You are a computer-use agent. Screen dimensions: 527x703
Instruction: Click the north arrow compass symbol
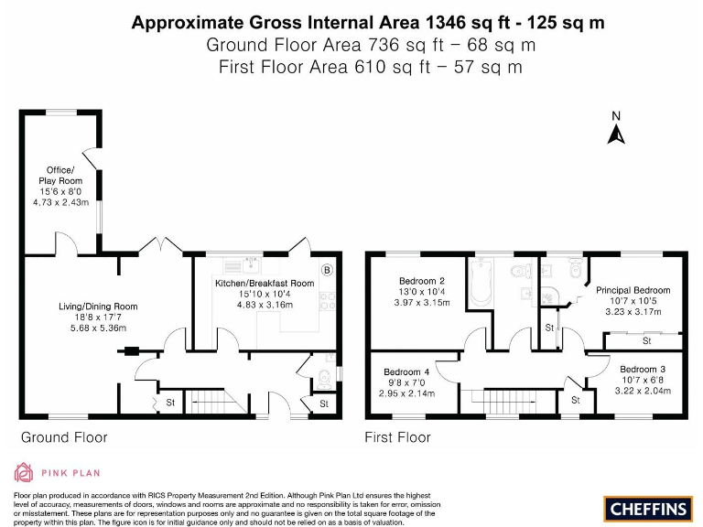coord(616,131)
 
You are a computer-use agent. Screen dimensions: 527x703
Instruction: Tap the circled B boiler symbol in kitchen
coord(327,269)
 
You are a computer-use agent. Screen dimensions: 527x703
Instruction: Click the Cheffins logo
coord(646,507)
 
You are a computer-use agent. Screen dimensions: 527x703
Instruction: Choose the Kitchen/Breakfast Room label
coord(265,284)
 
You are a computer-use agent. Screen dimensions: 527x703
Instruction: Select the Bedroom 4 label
coord(407,372)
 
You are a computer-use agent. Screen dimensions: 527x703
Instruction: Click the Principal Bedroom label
coord(633,290)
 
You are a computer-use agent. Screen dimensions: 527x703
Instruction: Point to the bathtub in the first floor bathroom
coord(481,284)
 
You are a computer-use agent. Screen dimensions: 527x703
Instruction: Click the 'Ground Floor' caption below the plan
coord(64,437)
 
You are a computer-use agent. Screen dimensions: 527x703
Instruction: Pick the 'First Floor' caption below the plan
coord(397,437)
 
